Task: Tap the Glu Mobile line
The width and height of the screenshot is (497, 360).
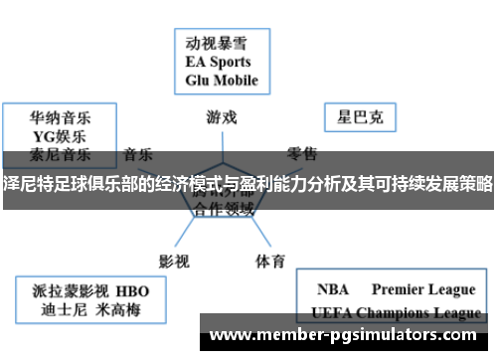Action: click(x=222, y=80)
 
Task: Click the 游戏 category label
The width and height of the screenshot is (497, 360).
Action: click(x=222, y=116)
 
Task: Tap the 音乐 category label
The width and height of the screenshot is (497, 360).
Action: click(x=138, y=154)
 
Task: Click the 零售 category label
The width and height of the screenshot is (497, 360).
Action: click(x=302, y=154)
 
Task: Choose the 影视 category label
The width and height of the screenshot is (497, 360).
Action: click(x=174, y=234)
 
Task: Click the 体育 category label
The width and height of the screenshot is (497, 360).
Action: click(x=269, y=234)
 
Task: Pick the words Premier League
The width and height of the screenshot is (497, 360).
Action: click(x=423, y=289)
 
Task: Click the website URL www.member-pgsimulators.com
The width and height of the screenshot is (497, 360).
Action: click(x=348, y=334)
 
